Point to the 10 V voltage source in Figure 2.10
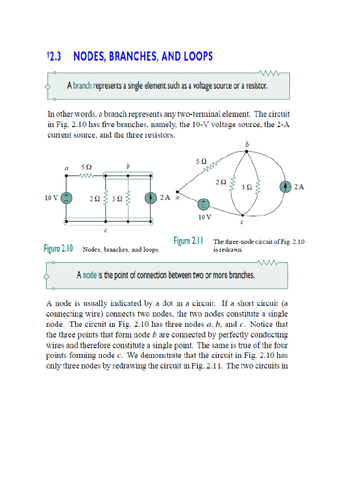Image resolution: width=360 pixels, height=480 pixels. click(67, 198)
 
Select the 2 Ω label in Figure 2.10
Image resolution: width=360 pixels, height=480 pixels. click(94, 198)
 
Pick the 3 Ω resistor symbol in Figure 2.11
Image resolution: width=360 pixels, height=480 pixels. click(256, 187)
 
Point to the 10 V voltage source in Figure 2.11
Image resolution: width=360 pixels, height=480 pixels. click(204, 204)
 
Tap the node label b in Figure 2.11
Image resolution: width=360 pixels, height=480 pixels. click(247, 145)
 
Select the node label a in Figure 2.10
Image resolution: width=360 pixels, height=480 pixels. click(66, 168)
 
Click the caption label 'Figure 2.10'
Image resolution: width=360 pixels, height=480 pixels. click(58, 249)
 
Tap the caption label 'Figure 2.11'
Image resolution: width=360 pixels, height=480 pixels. click(188, 241)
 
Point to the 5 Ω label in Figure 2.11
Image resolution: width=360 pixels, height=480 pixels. click(201, 161)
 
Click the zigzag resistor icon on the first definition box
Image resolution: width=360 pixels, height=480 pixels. click(270, 73)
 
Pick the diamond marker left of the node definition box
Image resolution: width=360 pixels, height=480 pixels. click(47, 276)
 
